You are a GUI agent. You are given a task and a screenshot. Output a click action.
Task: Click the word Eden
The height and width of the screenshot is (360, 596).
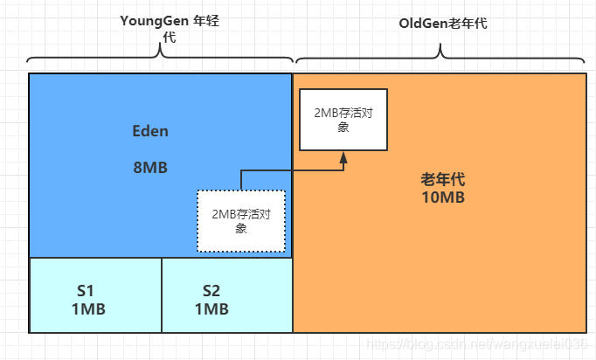tap(150, 131)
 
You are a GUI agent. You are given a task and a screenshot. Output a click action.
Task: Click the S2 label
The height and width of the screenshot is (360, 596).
tap(211, 291)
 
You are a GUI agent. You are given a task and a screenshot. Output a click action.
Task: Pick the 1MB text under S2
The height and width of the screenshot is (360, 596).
tap(211, 308)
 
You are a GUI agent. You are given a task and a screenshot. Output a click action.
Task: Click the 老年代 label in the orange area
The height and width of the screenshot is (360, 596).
tap(442, 179)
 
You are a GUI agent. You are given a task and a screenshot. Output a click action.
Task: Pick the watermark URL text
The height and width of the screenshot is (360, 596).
tap(476, 345)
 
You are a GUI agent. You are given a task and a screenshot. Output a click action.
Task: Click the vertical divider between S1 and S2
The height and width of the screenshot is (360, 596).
tap(162, 295)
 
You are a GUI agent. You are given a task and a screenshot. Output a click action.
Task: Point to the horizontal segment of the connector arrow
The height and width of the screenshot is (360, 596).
tap(293, 171)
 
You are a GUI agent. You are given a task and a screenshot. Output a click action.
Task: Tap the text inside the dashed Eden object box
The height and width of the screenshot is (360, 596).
tap(241, 221)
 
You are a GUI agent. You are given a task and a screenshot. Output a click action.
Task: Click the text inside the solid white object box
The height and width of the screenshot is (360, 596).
tap(343, 119)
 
